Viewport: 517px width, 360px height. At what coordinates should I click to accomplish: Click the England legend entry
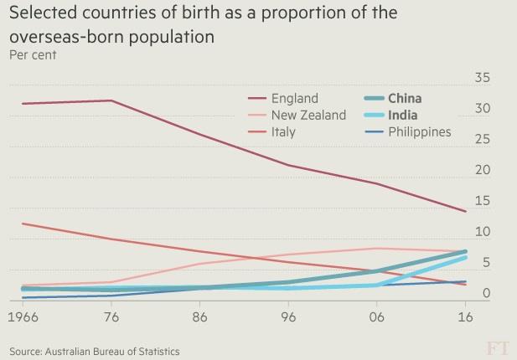tap(294, 99)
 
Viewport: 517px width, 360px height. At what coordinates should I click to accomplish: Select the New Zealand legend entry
tap(308, 116)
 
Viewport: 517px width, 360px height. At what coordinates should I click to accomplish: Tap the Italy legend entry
tap(283, 131)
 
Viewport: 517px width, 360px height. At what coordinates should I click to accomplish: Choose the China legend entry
tap(405, 99)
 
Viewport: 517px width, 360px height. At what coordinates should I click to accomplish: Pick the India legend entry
tap(403, 116)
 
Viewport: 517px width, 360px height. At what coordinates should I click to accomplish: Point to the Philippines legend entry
tap(420, 131)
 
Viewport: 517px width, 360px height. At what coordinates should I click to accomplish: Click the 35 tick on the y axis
tap(482, 79)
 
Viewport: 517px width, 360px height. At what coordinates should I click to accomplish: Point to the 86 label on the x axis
tap(200, 319)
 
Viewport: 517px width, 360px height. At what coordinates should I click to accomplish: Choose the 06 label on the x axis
tap(377, 319)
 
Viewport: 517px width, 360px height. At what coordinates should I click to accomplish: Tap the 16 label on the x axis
tap(466, 319)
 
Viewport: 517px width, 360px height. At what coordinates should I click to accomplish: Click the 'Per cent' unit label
tap(33, 55)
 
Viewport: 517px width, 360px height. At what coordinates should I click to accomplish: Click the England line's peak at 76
tap(111, 100)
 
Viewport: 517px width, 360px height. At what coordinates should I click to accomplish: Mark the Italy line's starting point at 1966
tap(23, 224)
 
